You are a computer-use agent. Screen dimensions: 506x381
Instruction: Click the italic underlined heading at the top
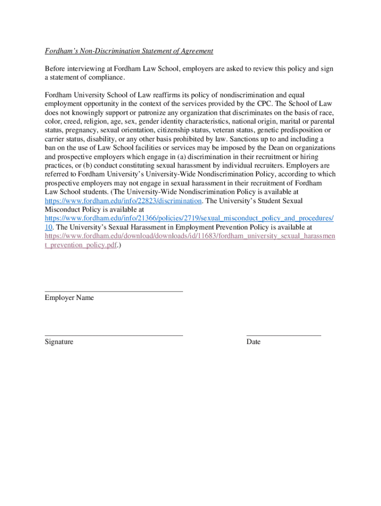click(x=129, y=51)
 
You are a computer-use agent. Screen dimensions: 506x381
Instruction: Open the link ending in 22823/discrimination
click(x=123, y=201)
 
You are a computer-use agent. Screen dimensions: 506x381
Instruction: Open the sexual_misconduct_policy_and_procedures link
click(x=189, y=218)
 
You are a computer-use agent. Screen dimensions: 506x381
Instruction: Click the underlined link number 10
click(x=49, y=227)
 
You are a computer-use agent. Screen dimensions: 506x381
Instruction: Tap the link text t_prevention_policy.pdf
click(x=81, y=245)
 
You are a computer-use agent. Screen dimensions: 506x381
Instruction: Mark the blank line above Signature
click(x=114, y=336)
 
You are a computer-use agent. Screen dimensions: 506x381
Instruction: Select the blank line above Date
click(x=284, y=336)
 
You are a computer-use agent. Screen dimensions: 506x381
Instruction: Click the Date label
click(x=253, y=342)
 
